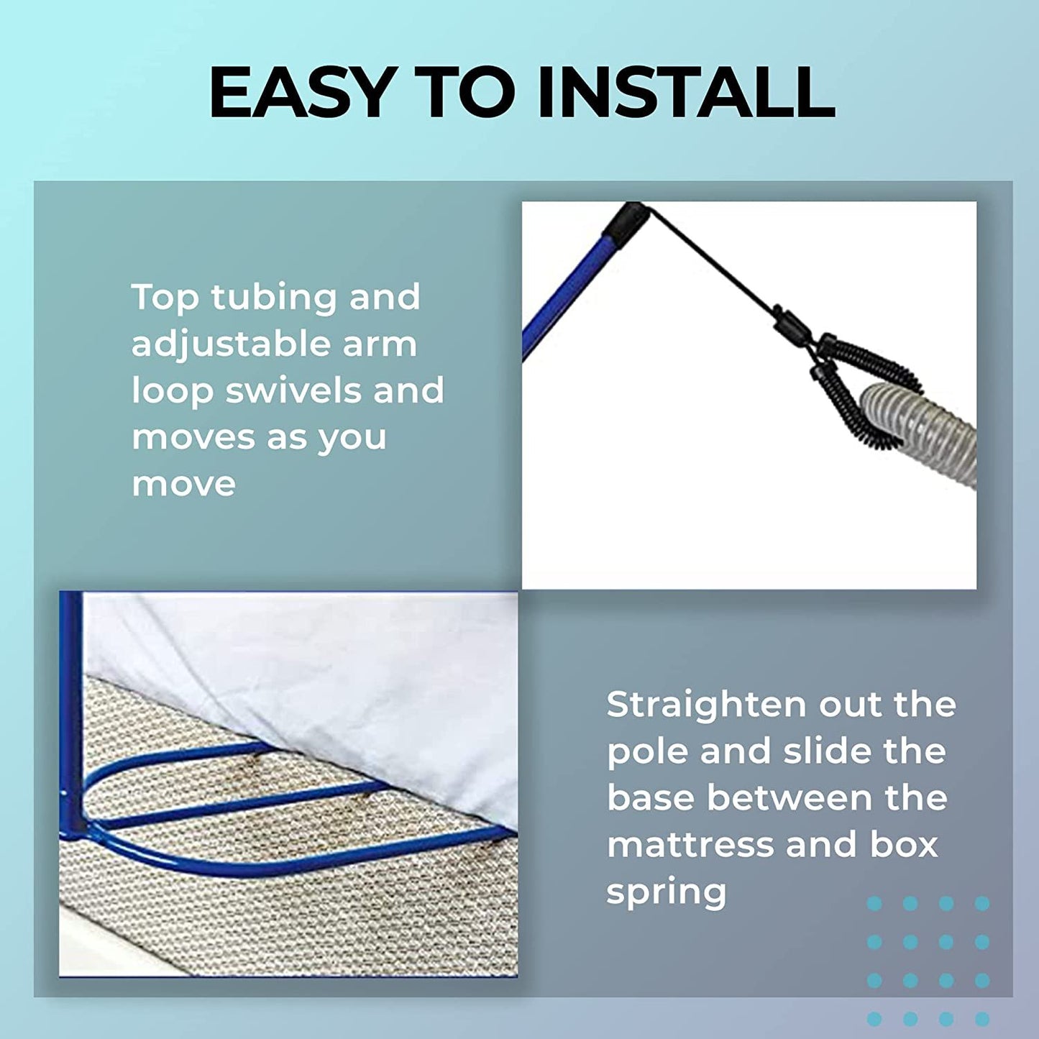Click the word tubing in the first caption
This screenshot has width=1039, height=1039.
pos(273,298)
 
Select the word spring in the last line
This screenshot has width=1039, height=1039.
pos(667,892)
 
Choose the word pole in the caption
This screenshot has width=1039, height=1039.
pos(646,752)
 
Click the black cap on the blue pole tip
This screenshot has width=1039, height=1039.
pos(626,221)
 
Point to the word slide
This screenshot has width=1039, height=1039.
pos(825,751)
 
